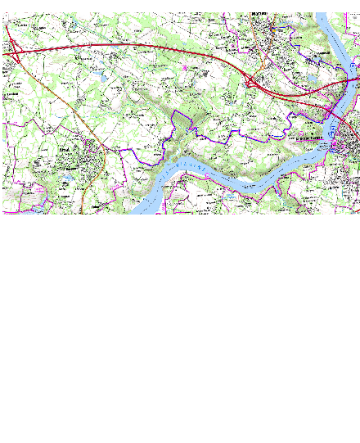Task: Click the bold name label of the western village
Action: tap(65, 151)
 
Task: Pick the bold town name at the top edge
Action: tap(260, 14)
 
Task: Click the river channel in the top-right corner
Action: tap(331, 33)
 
